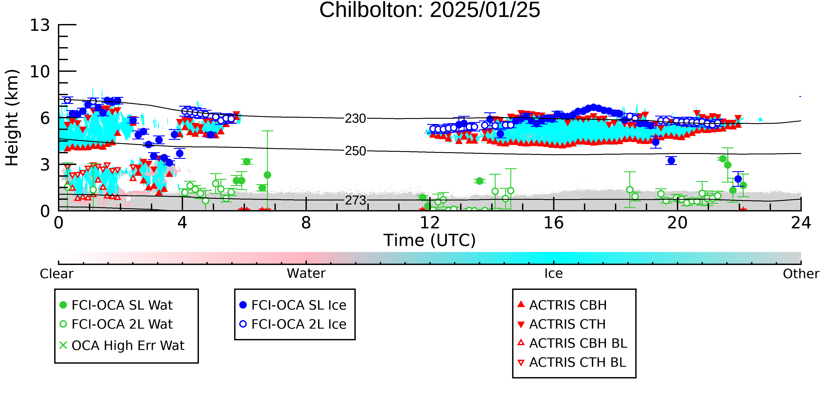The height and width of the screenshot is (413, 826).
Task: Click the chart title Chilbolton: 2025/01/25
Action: [x=430, y=10]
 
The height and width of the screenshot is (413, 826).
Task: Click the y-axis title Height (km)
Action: [x=12, y=118]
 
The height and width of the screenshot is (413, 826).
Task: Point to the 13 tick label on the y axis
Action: [x=40, y=25]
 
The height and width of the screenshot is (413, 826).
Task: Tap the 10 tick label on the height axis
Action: [x=40, y=72]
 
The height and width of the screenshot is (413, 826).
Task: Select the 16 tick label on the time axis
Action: [x=554, y=223]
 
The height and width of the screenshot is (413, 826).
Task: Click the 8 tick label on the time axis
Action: [x=306, y=223]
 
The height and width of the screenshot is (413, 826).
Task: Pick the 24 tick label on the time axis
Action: [x=801, y=223]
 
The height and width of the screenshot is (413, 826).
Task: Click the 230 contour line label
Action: [x=355, y=119]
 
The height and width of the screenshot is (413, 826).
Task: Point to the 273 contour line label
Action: [x=355, y=200]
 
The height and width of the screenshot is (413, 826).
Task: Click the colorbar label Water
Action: [x=306, y=274]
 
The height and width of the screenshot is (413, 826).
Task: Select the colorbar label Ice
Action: [x=554, y=274]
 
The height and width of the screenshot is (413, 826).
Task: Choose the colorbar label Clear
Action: [x=56, y=274]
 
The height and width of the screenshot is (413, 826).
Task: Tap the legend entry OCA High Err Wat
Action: [x=122, y=346]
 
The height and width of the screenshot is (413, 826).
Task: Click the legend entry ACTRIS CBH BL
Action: [x=572, y=343]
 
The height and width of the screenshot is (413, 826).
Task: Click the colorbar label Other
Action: [x=801, y=274]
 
